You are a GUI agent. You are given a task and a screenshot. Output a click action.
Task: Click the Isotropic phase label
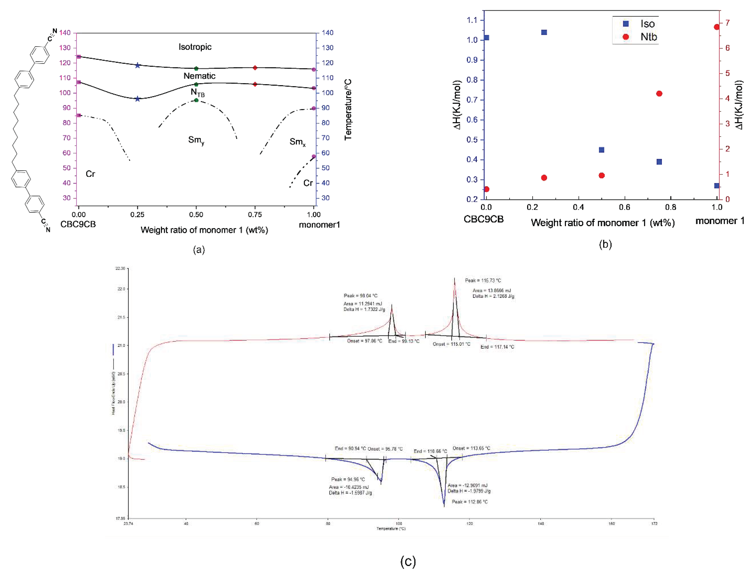click(x=195, y=47)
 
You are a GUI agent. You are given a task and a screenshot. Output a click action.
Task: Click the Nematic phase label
click(x=199, y=76)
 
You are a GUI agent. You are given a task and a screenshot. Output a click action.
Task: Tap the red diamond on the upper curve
click(x=255, y=68)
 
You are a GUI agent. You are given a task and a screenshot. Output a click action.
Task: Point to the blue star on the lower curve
click(x=137, y=99)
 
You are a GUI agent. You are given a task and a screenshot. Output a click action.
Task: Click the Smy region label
click(x=196, y=140)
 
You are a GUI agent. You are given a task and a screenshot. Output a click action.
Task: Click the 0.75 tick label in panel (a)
click(x=255, y=215)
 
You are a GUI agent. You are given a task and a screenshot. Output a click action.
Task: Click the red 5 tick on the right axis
click(x=727, y=73)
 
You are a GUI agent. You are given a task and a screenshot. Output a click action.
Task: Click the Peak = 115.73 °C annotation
click(x=483, y=281)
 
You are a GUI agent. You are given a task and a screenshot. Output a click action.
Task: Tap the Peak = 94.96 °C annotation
click(x=348, y=479)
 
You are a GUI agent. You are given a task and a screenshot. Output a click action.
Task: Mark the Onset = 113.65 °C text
click(x=471, y=448)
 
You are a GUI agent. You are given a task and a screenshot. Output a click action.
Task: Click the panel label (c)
click(x=408, y=561)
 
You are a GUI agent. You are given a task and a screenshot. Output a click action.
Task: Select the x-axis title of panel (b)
click(x=603, y=223)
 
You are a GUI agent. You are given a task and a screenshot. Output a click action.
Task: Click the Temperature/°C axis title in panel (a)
click(x=348, y=110)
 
